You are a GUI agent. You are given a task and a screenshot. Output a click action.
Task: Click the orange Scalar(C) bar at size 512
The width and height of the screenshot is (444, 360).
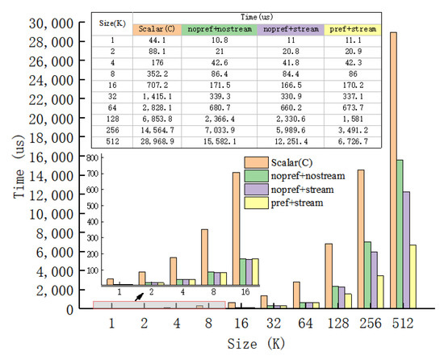point(393,170)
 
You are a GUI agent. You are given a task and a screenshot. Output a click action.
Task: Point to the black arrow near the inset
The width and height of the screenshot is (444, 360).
point(140,297)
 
